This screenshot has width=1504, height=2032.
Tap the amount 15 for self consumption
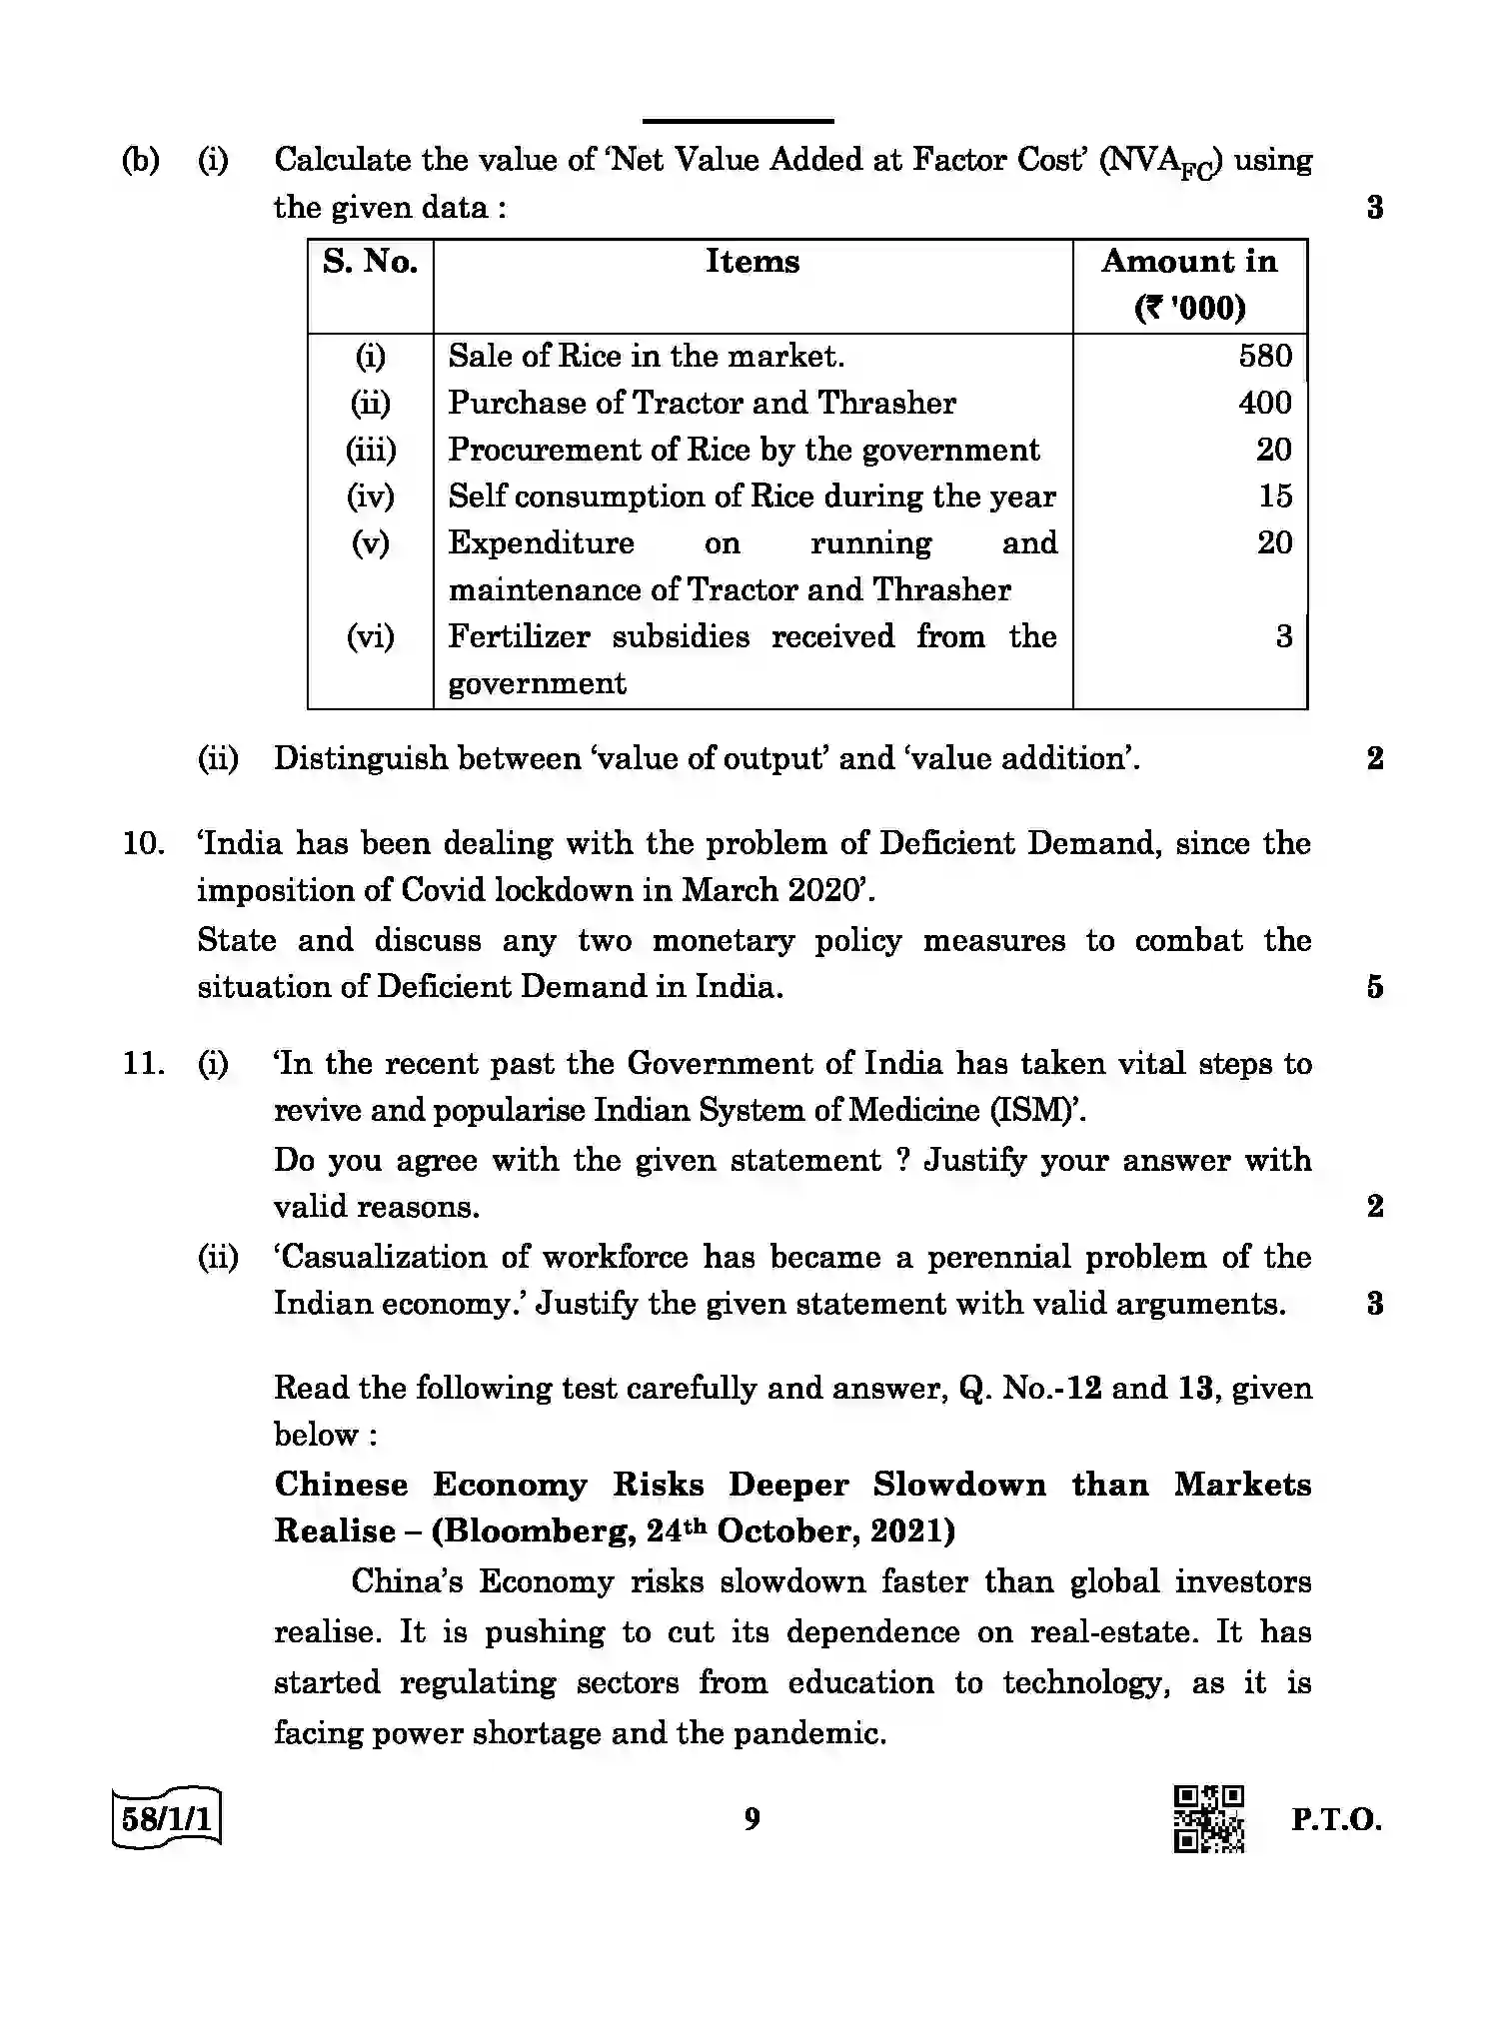[1275, 497]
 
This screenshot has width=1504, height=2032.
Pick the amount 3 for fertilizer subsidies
[1283, 636]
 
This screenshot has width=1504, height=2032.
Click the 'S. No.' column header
[370, 263]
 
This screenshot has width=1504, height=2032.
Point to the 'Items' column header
[752, 263]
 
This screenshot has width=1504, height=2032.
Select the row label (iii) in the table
[371, 451]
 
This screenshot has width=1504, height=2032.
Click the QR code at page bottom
[1208, 1819]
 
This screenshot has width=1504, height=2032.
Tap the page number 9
[752, 1819]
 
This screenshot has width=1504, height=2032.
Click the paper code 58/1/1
[167, 1818]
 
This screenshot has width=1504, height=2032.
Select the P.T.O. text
[1335, 1819]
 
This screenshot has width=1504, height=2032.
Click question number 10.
[143, 844]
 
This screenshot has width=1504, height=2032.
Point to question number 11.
[143, 1064]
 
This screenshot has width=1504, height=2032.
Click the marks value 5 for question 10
[1374, 988]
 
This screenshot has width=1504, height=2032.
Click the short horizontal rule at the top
[738, 121]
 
